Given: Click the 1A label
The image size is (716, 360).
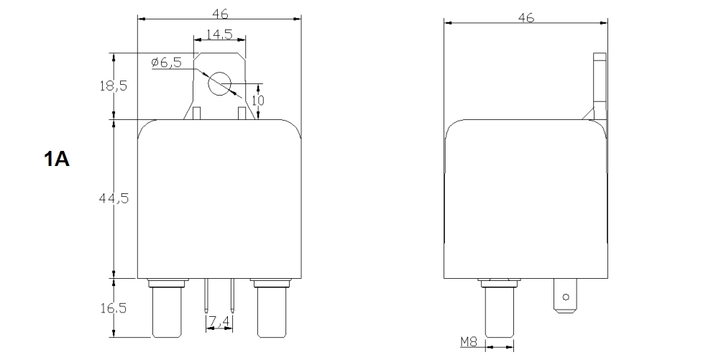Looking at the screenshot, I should point(57,160).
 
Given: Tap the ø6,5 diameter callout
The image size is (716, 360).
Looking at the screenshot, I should point(167,63).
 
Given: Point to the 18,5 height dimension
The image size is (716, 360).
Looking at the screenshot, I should point(113,86).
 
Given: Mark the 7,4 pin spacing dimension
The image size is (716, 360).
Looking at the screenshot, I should point(219,318).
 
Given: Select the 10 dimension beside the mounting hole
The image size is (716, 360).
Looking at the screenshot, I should point(259,99).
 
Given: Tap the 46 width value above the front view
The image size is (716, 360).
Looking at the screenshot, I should point(219,13).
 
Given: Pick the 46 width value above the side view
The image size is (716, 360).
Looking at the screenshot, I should point(526,18).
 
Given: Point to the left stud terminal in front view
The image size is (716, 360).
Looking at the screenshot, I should point(167,309).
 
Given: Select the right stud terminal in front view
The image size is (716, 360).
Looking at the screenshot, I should point(270,309).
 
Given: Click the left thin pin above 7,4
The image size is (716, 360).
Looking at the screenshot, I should point(207,295).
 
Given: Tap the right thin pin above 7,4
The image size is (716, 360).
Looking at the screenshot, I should point(232,295).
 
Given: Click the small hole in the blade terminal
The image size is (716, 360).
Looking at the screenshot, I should point(566,296).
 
